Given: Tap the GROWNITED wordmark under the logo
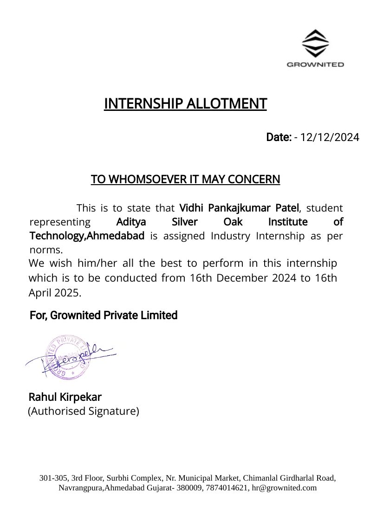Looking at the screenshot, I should pos(315,64).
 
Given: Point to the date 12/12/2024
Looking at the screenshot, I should pos(330,137).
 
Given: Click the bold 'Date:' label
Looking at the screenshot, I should pos(279,137).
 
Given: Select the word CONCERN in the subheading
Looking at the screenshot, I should pos(258,179).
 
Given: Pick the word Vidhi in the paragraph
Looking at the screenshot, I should pos(191,207).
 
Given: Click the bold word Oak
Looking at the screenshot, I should pos(233,222).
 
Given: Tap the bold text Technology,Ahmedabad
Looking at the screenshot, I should pos(87,236).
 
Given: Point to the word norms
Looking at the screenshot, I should pos(46,250).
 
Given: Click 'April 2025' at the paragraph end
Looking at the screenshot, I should pos(55,293).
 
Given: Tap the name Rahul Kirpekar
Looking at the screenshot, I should pos(65,397).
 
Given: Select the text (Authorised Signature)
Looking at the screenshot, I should pos(84,411).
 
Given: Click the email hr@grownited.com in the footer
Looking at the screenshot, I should pos(284,488).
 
